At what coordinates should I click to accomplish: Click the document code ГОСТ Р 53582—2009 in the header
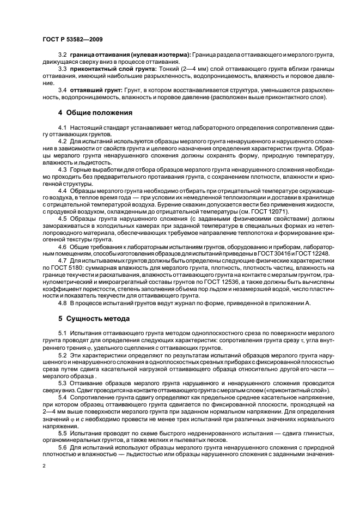(x=73, y=39)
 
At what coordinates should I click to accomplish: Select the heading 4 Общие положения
(x=95, y=113)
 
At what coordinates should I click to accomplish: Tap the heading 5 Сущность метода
(x=94, y=318)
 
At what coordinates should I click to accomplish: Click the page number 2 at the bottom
(x=44, y=466)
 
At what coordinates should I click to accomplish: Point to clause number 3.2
(x=62, y=56)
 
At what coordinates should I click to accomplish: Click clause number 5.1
(x=62, y=332)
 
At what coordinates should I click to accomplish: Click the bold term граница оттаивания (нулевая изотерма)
(x=130, y=56)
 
